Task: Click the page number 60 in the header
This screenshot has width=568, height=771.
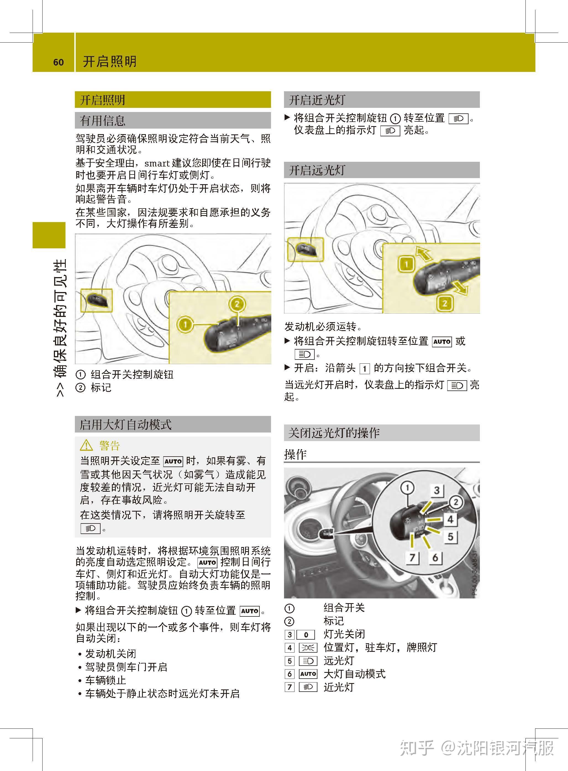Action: pyautogui.click(x=59, y=62)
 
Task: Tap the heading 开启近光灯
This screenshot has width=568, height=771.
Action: pyautogui.click(x=317, y=100)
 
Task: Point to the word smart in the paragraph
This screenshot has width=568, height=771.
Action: pyautogui.click(x=157, y=163)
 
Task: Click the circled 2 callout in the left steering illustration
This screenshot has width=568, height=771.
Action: pyautogui.click(x=237, y=304)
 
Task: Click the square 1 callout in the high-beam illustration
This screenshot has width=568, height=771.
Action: pyautogui.click(x=406, y=264)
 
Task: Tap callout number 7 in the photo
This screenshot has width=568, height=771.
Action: pyautogui.click(x=412, y=557)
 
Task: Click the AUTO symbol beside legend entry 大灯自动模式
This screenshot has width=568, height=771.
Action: pyautogui.click(x=308, y=674)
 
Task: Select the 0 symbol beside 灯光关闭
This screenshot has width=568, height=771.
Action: pyautogui.click(x=306, y=634)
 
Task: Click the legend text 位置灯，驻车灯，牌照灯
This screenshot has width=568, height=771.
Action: pyautogui.click(x=380, y=647)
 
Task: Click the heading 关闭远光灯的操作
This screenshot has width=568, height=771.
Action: pyautogui.click(x=334, y=433)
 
